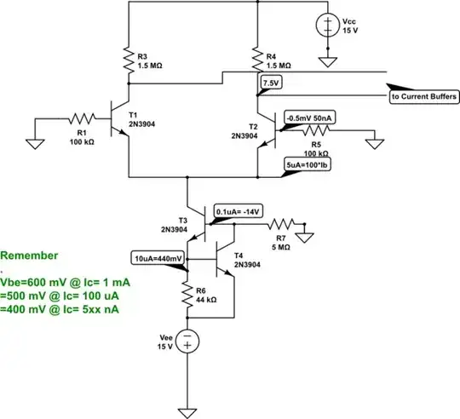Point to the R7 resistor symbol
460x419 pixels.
281,224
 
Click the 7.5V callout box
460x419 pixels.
270,83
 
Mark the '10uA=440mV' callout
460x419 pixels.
159,257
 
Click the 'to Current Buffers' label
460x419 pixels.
423,97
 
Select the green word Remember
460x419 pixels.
30,255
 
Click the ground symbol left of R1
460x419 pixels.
34,141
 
